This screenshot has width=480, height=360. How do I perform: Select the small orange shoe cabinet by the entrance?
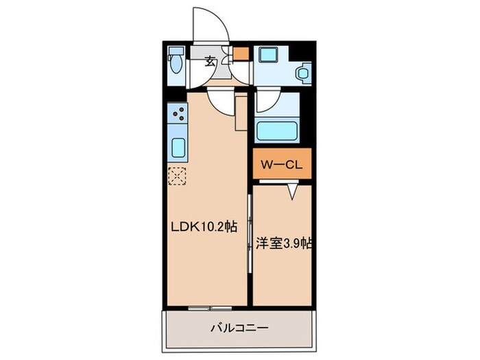click(x=241, y=53)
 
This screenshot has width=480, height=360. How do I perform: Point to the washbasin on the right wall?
click(x=303, y=72)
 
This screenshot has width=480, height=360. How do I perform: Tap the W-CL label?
click(x=281, y=165)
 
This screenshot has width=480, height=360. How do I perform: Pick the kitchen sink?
click(x=178, y=147)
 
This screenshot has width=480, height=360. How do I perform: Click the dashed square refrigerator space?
click(x=178, y=176)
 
